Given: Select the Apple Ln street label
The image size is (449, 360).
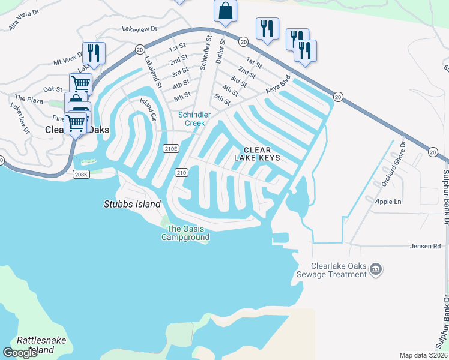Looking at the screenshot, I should pos(388,202).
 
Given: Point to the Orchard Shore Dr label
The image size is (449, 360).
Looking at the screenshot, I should pos(394,165).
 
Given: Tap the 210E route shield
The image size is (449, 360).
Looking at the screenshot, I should pos(171,148).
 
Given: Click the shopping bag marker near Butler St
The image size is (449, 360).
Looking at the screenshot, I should pos(225,11).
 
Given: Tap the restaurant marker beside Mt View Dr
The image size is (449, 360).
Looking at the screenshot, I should pos(94,52).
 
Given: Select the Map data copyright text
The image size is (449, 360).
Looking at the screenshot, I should pos(424,355).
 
